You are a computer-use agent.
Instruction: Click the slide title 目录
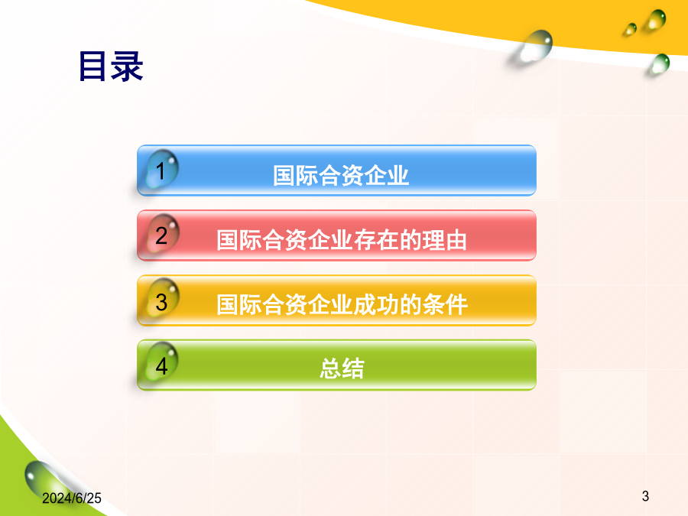click(111, 67)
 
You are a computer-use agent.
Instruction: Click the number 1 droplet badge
click(161, 170)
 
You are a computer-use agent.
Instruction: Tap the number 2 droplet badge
click(161, 234)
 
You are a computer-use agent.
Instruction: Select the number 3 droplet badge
click(161, 299)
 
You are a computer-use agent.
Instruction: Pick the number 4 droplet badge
click(161, 363)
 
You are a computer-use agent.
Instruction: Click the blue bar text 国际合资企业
click(341, 176)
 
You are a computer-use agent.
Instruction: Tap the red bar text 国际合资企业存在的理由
click(342, 240)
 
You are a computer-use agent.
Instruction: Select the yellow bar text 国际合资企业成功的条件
click(342, 304)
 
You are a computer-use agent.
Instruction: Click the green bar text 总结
click(342, 368)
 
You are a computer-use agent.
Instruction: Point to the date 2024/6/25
click(72, 498)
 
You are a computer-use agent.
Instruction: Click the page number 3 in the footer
click(645, 496)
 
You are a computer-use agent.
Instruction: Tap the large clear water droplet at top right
click(535, 46)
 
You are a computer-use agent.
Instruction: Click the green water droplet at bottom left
click(44, 479)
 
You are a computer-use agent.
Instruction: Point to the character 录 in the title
click(127, 67)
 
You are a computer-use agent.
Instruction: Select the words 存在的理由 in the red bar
click(411, 240)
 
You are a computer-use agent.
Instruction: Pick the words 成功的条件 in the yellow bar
click(411, 304)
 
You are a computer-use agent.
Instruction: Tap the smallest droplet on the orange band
click(631, 29)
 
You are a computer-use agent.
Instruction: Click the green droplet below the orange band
click(660, 64)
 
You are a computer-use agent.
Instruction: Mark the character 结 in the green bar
click(353, 368)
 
